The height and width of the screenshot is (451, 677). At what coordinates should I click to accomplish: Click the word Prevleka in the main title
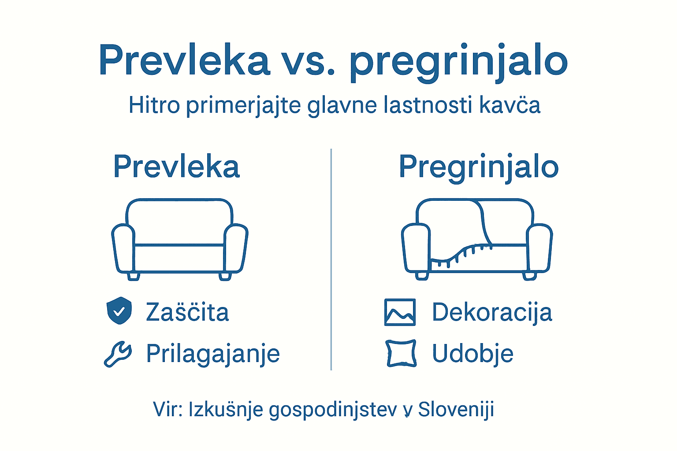tap(184, 61)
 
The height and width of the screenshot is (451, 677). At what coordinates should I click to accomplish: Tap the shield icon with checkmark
tap(119, 311)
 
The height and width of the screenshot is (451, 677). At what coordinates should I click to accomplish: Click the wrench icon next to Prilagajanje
tap(118, 354)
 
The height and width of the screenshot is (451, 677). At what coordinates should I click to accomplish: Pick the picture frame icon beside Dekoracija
tap(400, 312)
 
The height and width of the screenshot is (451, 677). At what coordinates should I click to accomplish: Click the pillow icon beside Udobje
tap(401, 353)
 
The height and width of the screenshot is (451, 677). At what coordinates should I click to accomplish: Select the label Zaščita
tap(187, 312)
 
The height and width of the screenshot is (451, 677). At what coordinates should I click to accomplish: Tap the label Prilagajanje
tap(213, 354)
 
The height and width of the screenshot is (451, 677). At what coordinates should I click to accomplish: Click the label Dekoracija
tap(492, 312)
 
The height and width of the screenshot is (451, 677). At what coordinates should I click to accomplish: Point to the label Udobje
tap(472, 354)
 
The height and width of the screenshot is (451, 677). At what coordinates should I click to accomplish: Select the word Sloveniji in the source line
tap(456, 410)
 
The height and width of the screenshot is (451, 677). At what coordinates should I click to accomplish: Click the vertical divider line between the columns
tap(331, 260)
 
